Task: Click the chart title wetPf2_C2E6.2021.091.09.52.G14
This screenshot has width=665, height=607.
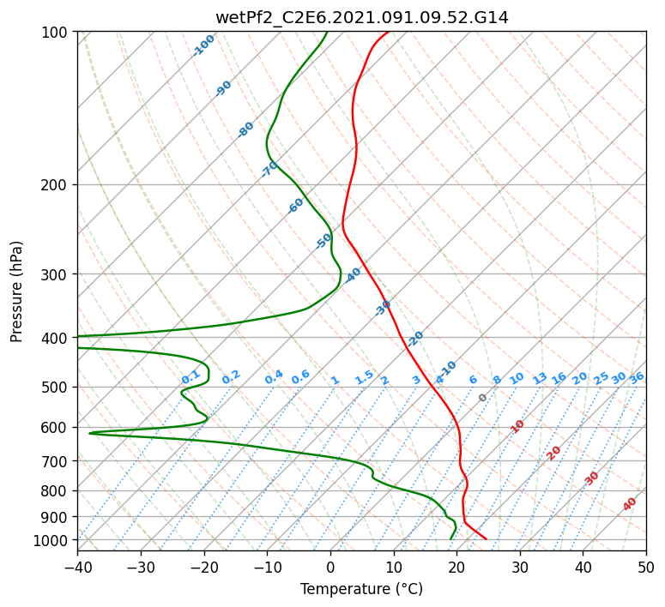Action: point(362,17)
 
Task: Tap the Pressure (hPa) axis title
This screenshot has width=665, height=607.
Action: point(15,291)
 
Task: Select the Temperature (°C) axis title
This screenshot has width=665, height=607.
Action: point(362,589)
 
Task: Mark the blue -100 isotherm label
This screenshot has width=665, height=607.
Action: point(203,45)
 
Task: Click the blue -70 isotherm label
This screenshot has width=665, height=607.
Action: point(269,169)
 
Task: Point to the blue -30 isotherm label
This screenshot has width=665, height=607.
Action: point(382,308)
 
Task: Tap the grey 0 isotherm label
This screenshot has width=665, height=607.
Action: point(482,398)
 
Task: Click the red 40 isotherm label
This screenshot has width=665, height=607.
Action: point(629,504)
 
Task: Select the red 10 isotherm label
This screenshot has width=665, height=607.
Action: point(517,426)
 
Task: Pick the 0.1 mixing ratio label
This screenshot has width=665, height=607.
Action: point(190,377)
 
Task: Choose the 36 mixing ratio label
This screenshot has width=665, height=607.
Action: point(637,378)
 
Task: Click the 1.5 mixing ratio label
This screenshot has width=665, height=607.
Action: point(365,377)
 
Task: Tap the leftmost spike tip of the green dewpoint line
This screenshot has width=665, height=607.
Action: point(89,433)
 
